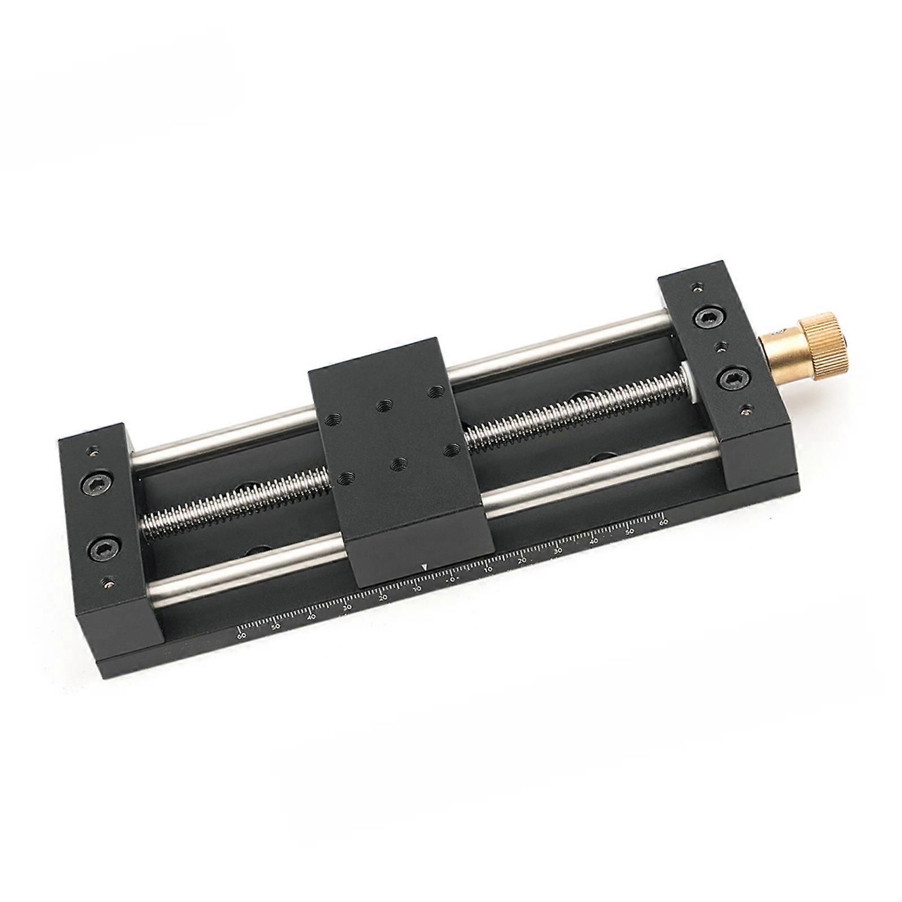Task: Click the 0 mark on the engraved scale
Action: coord(452,579)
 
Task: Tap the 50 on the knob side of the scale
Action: coord(629,531)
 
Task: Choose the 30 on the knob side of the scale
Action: coord(558,551)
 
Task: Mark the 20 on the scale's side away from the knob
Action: coord(383,598)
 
